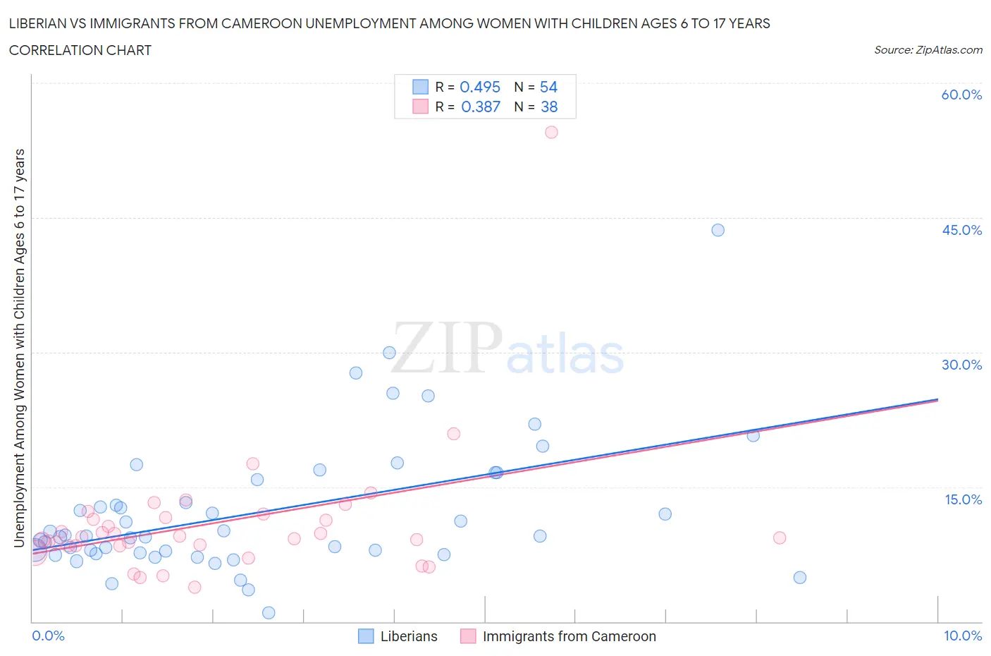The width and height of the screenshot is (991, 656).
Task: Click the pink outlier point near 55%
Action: (551, 132)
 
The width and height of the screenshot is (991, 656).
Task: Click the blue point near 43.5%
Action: (718, 230)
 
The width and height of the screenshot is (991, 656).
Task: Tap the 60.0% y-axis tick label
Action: (961, 95)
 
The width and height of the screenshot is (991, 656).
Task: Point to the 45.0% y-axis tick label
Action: (961, 230)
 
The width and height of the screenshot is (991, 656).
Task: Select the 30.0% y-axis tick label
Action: (961, 365)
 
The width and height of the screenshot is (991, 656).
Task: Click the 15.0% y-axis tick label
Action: (963, 499)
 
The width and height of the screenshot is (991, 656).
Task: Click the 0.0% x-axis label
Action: (48, 636)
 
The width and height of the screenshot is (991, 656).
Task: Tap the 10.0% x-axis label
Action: (963, 636)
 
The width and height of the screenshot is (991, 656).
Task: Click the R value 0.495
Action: (480, 87)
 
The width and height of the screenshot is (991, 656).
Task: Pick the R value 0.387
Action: (480, 107)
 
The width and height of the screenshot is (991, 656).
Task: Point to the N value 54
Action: (548, 87)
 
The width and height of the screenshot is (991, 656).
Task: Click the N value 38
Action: (548, 107)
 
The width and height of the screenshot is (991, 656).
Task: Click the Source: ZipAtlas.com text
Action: (928, 50)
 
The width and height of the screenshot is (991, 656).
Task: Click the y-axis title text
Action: (20, 348)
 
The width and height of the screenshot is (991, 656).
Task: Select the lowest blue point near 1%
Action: (269, 612)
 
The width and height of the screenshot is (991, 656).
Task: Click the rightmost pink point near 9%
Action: (780, 537)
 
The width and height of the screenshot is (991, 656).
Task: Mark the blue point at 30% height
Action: (389, 353)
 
